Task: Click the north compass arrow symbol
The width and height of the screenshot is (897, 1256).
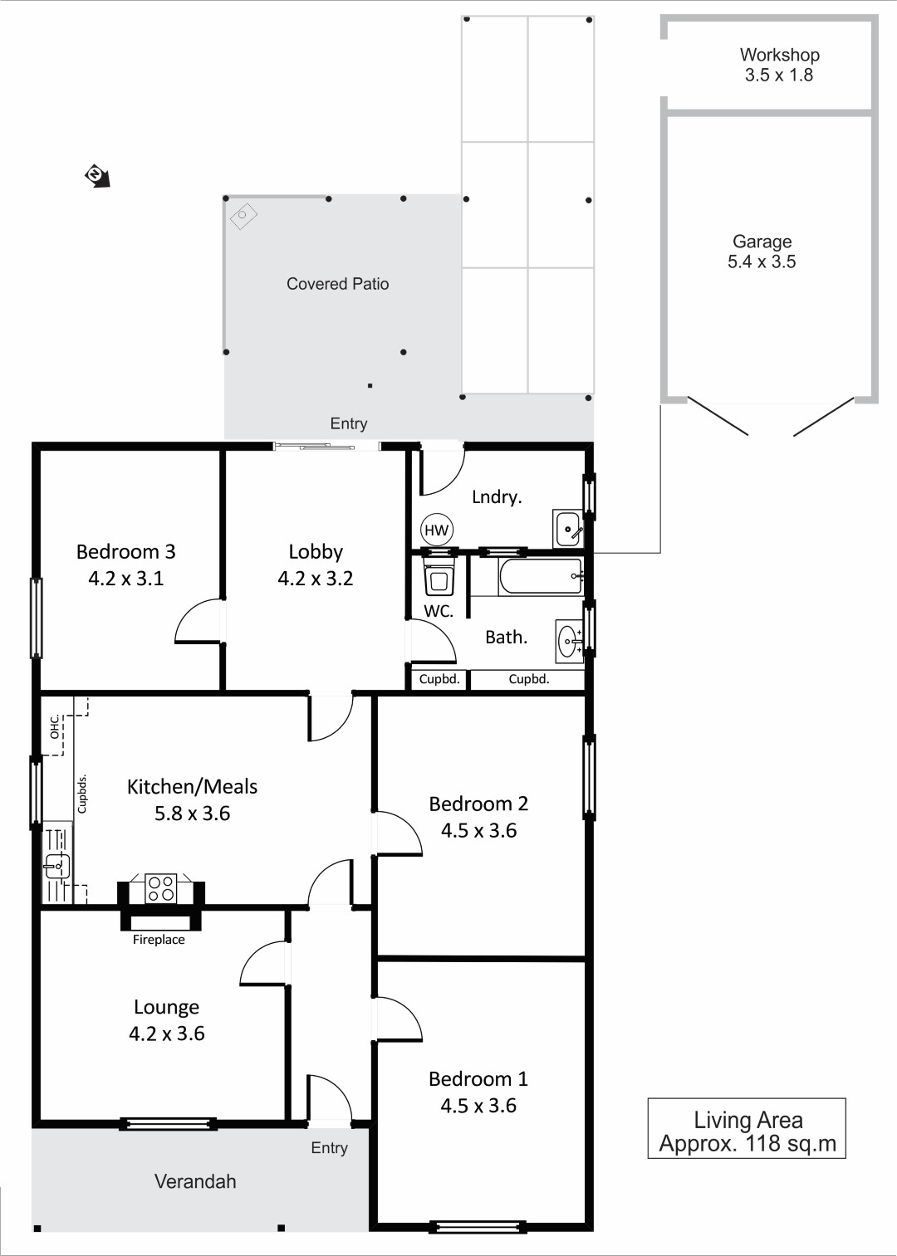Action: point(97,176)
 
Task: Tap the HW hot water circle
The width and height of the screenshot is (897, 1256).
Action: point(436,530)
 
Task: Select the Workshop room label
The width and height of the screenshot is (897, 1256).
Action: point(779,55)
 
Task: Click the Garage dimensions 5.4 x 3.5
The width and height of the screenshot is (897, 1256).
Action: point(762,261)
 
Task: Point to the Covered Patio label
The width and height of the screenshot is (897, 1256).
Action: point(338,284)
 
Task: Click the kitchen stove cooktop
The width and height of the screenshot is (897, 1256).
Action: point(160,889)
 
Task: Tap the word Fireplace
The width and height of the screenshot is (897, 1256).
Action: point(159,940)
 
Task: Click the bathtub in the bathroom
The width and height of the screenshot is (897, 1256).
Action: point(540,576)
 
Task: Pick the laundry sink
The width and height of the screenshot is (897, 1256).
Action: point(568,528)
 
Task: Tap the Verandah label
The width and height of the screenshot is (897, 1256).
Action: point(195,1181)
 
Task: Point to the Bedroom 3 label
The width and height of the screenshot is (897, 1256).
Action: point(126,552)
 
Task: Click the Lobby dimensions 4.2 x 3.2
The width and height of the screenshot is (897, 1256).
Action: point(316,578)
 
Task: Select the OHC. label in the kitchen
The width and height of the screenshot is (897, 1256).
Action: point(55,726)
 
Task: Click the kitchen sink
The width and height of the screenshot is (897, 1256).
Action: point(56,867)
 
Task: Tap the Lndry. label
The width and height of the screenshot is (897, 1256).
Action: point(497,496)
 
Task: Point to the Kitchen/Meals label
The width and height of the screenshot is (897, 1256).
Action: point(193,787)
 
